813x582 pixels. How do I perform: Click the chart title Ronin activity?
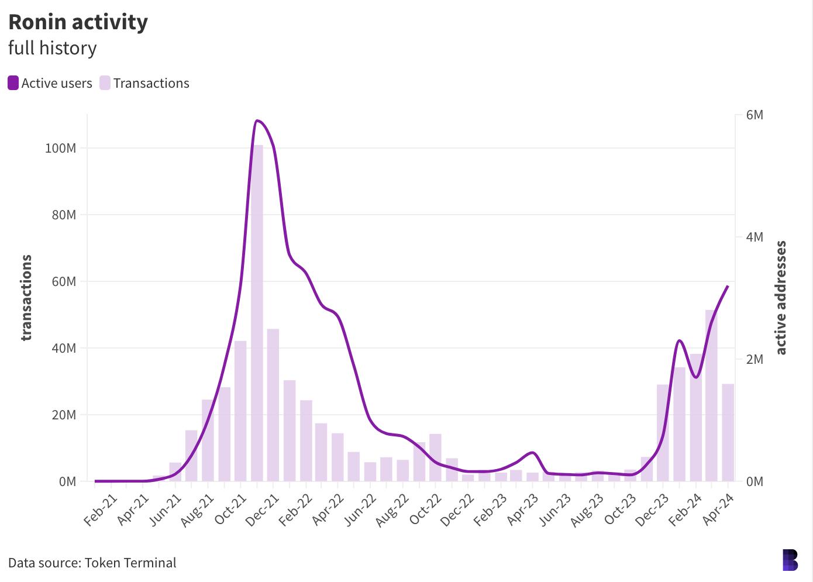click(x=78, y=22)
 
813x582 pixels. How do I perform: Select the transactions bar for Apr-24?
click(x=728, y=432)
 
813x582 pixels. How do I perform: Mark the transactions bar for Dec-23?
click(x=663, y=433)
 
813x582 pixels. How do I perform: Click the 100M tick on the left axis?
click(x=60, y=148)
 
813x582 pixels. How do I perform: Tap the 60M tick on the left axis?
click(x=64, y=281)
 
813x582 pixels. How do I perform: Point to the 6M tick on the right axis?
click(x=755, y=115)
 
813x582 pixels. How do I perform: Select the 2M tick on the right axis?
click(x=755, y=359)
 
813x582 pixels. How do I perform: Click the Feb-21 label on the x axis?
click(x=101, y=510)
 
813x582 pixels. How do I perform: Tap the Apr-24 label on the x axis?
click(x=718, y=510)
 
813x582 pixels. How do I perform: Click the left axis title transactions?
click(x=26, y=298)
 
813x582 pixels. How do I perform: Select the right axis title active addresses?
click(x=781, y=298)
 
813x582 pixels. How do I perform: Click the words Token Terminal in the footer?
click(x=130, y=563)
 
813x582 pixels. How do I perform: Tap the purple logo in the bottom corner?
click(x=790, y=560)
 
